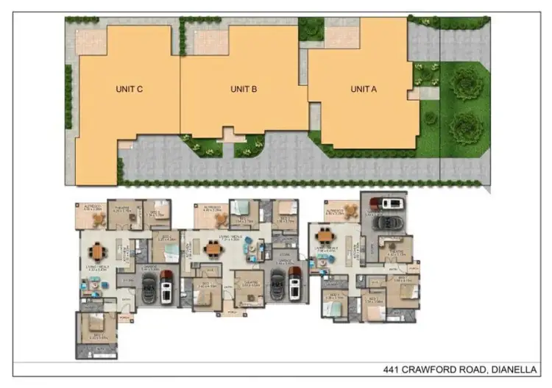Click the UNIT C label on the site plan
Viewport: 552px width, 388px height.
coord(129,89)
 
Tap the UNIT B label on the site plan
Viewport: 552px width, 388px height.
coord(243,89)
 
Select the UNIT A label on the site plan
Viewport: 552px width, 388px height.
coord(364,89)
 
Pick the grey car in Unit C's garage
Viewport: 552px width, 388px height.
coord(149,289)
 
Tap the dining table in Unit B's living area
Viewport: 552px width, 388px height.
coord(213,248)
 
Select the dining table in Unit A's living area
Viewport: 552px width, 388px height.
coord(325,237)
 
